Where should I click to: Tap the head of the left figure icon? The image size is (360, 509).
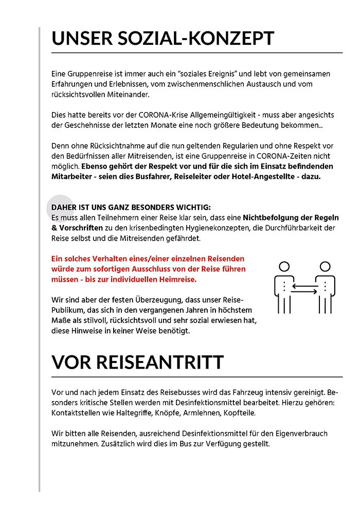coord(284,266)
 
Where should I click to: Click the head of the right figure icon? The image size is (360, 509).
coord(325,266)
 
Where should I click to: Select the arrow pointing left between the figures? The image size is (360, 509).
coord(304,286)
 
